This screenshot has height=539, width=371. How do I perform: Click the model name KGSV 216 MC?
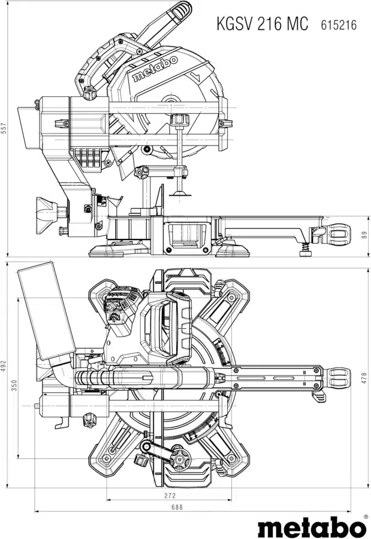pos(263,24)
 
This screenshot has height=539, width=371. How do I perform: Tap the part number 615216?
pos(339,25)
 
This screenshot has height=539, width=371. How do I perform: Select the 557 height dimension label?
pos(4,129)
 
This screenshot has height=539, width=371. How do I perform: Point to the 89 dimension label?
pos(365,235)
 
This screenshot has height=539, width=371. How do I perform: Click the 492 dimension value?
pos(4,367)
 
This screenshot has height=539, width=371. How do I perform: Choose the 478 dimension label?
pos(365,378)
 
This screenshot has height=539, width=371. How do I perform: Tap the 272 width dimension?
pos(170,496)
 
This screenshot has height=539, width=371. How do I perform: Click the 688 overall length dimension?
pos(177,507)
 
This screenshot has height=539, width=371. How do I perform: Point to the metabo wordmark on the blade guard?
pos(155,68)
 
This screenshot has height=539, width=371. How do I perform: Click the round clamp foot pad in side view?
pos(180,193)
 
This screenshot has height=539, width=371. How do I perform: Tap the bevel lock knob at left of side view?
pos(47,211)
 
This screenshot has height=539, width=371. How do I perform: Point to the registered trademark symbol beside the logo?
pos(366,517)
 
